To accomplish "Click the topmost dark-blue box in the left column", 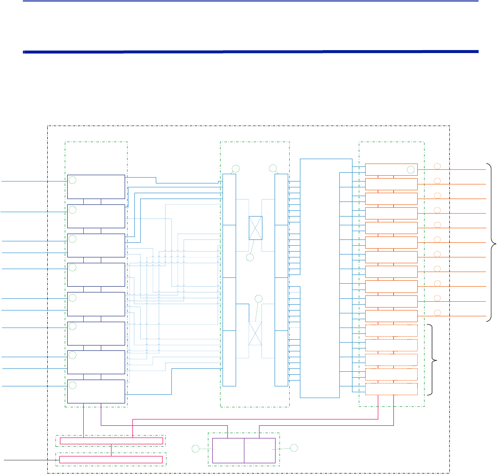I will coord(96,187).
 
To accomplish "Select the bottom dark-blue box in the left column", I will coord(96,392).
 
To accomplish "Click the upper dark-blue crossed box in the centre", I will coord(255,228).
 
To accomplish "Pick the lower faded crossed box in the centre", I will coord(255,333).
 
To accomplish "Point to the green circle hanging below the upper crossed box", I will coord(250,257).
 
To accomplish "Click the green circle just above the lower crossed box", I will coord(259,298).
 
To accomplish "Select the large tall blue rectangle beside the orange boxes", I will coord(319,277).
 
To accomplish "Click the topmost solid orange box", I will coord(391,169).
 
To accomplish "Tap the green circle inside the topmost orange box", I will coord(410,170).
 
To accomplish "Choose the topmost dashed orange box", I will coord(391,330).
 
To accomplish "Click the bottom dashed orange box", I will coord(391,389).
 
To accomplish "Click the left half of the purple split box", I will coord(228,450).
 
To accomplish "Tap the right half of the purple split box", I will coord(260,450).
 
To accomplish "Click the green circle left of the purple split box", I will coord(196,448).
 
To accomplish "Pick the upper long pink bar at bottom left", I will coord(111,441).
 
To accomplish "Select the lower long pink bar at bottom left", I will coord(111,459).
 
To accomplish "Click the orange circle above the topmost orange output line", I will coord(437,166).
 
